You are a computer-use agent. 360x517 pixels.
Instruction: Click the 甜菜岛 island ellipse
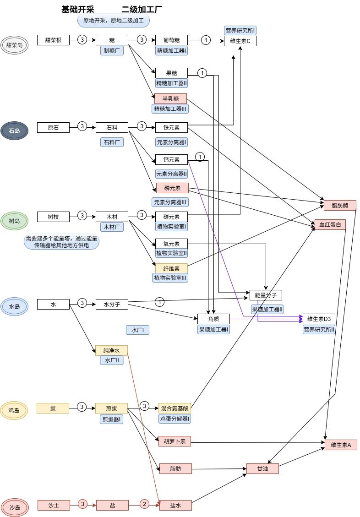click(x=14, y=45)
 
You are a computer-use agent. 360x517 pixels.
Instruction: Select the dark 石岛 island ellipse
click(x=14, y=131)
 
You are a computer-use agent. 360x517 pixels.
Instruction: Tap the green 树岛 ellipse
click(x=14, y=221)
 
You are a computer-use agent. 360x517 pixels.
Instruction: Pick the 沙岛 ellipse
click(x=14, y=507)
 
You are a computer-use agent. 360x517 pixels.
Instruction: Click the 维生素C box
click(x=240, y=42)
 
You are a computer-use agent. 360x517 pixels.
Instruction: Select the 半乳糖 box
click(x=170, y=98)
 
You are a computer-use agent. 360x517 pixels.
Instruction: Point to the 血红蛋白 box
click(x=330, y=224)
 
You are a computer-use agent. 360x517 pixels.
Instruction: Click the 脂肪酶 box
click(x=340, y=205)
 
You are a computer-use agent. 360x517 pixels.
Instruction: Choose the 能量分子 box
click(x=266, y=294)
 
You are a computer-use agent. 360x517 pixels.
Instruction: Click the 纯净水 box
click(x=111, y=351)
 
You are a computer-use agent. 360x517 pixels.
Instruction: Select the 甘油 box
click(x=262, y=468)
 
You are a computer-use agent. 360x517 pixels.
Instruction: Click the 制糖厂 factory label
click(x=112, y=51)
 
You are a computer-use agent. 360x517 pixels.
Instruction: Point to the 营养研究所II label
click(x=319, y=329)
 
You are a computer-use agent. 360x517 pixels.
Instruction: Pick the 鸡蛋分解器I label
click(x=174, y=419)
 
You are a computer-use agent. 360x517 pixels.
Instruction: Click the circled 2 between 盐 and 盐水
click(x=144, y=504)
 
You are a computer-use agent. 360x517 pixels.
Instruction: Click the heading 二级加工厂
click(x=142, y=10)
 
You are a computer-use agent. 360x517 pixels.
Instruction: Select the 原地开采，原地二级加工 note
click(x=113, y=21)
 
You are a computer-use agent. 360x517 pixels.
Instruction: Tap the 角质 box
click(x=213, y=319)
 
